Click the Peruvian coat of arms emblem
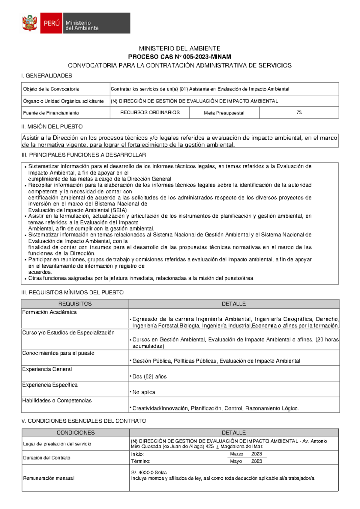pos(30,23)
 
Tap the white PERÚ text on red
pos(52,23)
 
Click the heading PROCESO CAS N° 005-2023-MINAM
pos(180,57)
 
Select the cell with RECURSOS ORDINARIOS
pos(150,112)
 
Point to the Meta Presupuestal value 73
pos(299,112)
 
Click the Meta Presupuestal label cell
pos(224,113)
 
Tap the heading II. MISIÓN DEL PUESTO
pos(52,127)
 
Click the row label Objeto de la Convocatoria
pos(51,89)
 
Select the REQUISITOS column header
pos(75,304)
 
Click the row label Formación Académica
pos(49,312)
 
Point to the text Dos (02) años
pos(149,377)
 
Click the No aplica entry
pos(144,392)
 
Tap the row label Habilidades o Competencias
pos(57,400)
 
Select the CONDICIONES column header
pos(76,433)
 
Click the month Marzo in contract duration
pos(236,454)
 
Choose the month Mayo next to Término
pos(236,461)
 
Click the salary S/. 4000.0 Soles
pos(149,472)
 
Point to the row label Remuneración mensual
pos(49,478)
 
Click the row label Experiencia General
pos(47,369)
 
